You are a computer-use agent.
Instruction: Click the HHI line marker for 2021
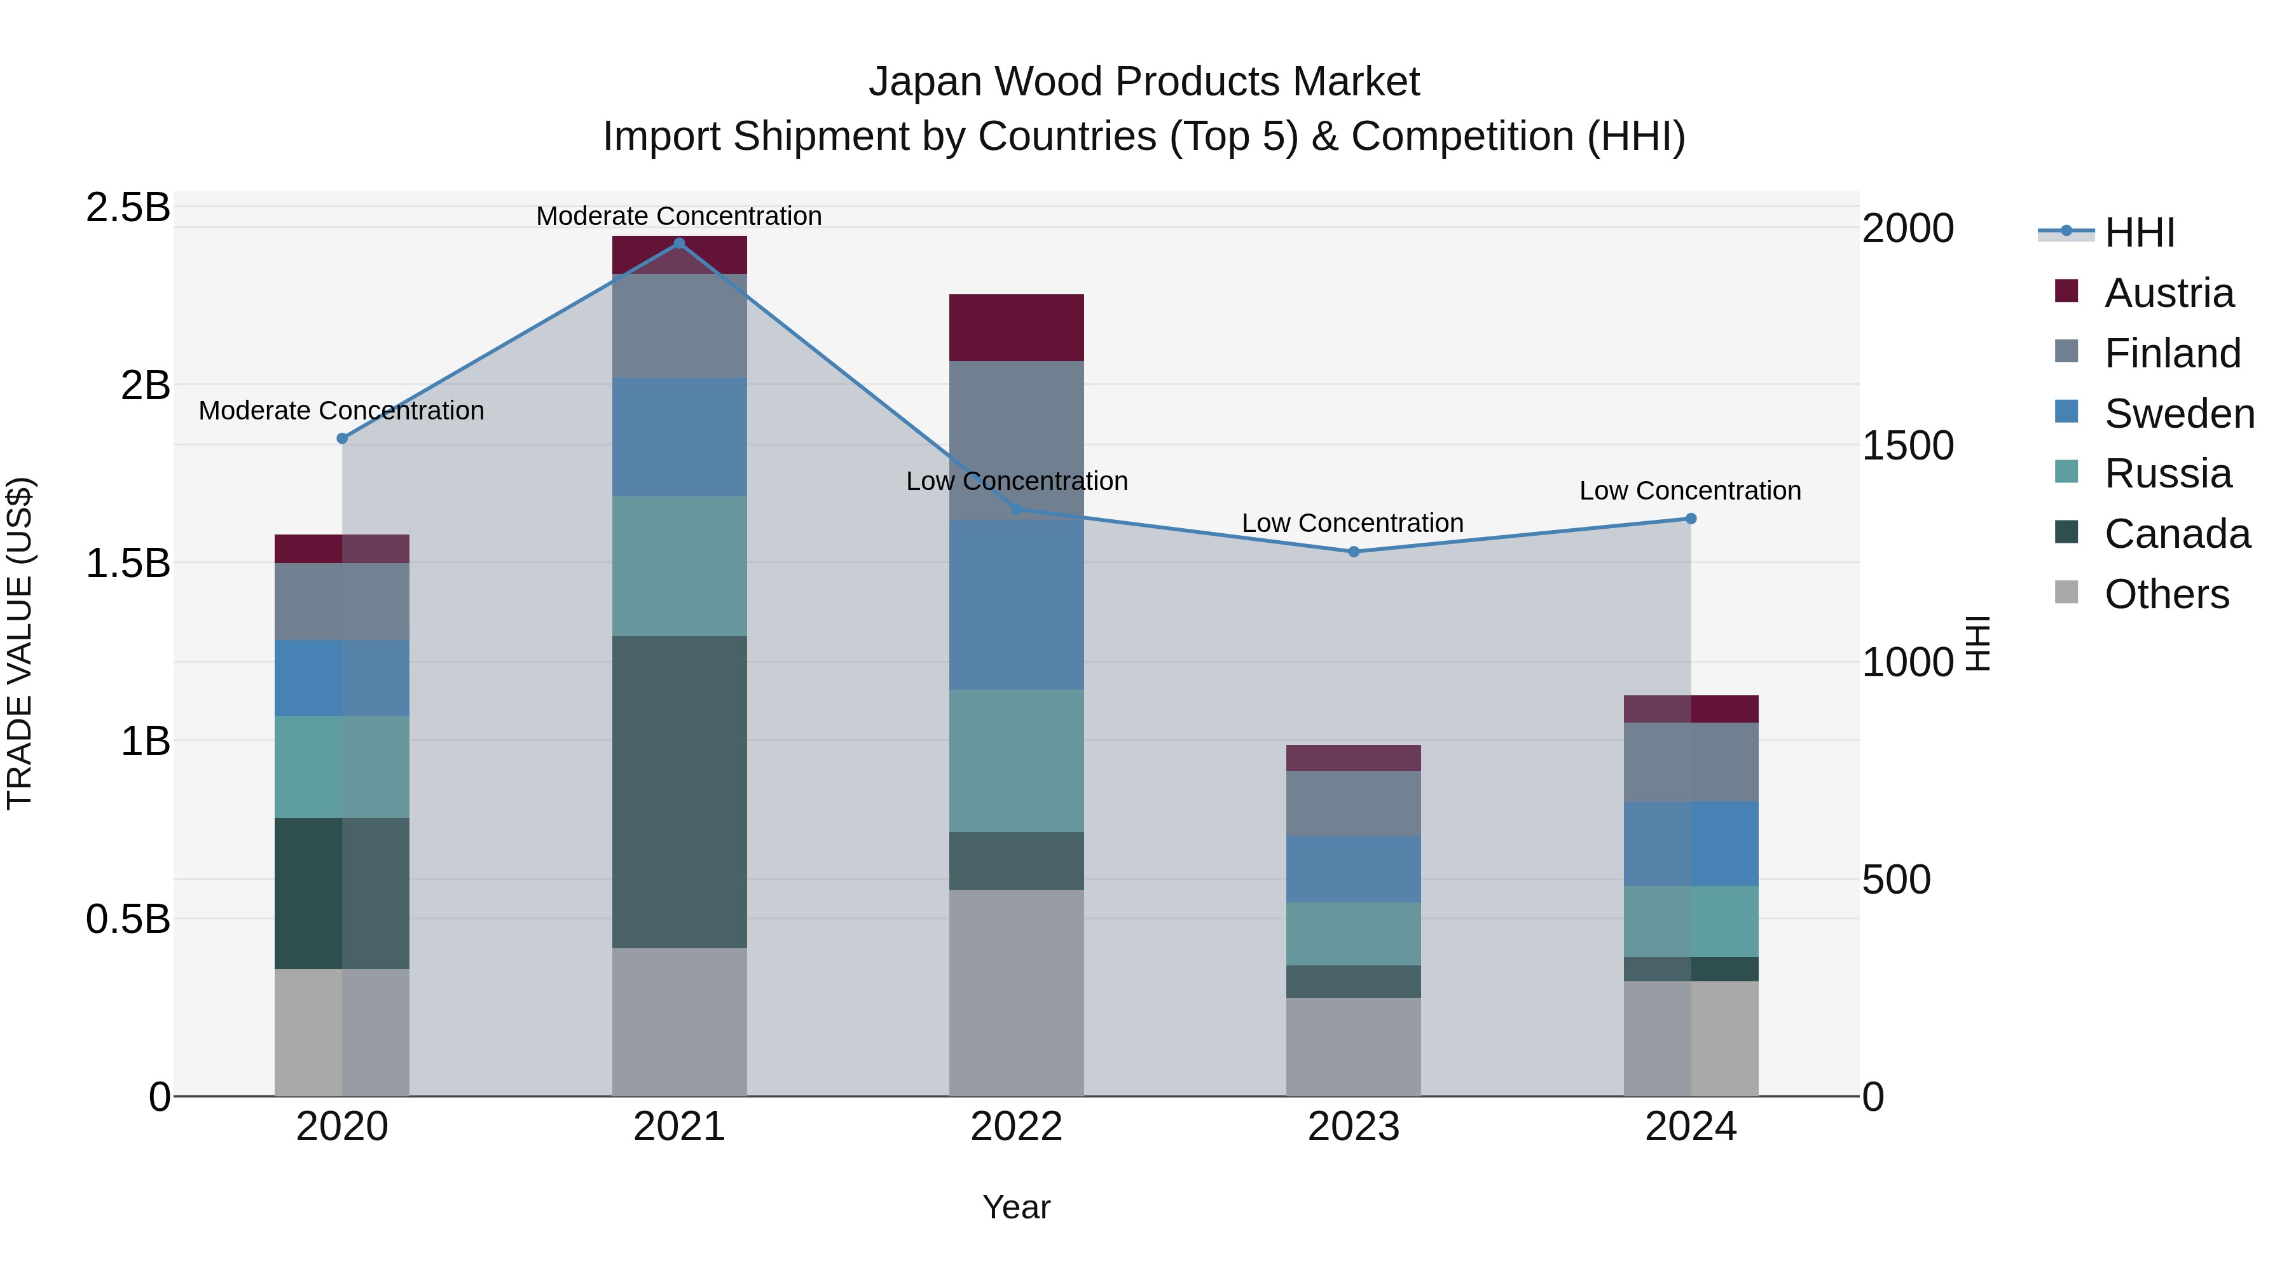pyautogui.click(x=679, y=243)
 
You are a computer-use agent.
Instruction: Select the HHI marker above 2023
pyautogui.click(x=1353, y=552)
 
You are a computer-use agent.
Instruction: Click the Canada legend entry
pyautogui.click(x=2176, y=534)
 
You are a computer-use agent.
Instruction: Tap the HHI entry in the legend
pyautogui.click(x=2139, y=233)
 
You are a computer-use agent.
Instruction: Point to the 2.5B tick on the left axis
pyautogui.click(x=128, y=208)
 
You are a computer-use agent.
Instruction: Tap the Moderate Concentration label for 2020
pyautogui.click(x=341, y=411)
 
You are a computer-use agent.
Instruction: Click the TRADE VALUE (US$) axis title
pyautogui.click(x=20, y=643)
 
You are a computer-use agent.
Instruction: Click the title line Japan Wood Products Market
pyautogui.click(x=1144, y=82)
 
